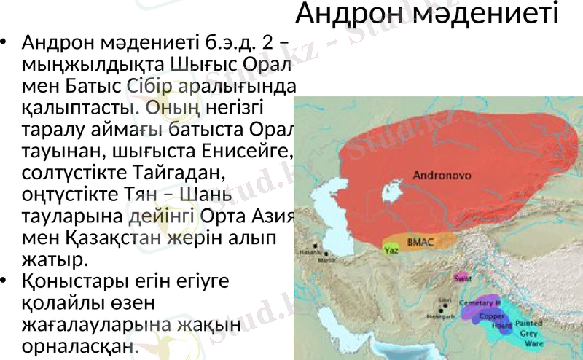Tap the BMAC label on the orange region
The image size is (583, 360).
[x=420, y=241]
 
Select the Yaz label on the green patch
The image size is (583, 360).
[x=391, y=249]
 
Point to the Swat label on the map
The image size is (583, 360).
[x=461, y=278]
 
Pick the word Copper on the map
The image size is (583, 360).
[x=493, y=316]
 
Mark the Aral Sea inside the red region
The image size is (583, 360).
[x=394, y=195]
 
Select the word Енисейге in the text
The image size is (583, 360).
[x=243, y=154]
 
